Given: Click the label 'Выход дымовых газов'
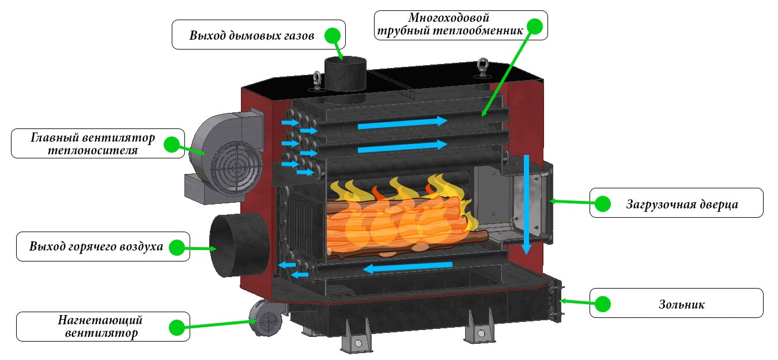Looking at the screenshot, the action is pos(251,35).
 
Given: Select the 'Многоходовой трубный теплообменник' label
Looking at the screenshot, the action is pos(450,24).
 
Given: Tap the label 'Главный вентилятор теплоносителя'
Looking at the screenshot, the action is pos(93,143).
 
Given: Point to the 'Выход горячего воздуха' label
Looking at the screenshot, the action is pos(96,246).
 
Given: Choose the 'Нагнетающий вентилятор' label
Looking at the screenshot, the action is pos(101,327).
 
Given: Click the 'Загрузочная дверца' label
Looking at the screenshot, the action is pos(682,204).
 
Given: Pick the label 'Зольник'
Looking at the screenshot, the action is pos(681,305).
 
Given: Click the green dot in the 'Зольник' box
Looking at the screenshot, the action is pos(603,304).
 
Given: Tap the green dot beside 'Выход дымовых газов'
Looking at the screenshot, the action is pos(333,35).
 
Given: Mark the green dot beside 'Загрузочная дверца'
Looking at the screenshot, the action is pos(603,203).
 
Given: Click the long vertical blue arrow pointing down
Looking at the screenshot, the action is pos(527,205).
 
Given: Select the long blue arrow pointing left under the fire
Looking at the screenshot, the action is pos(407,267).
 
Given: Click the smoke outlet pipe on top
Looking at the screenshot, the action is pos(345,74).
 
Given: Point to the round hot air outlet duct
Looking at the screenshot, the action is pos(240,245).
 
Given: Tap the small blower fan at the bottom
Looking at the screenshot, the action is pos(266,319).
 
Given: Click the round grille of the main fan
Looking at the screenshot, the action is pos(237,168).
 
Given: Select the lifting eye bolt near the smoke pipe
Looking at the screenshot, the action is pos(317,81).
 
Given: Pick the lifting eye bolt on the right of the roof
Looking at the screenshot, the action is pos(482,68).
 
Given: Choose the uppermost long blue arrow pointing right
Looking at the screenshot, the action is pos(403,123).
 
